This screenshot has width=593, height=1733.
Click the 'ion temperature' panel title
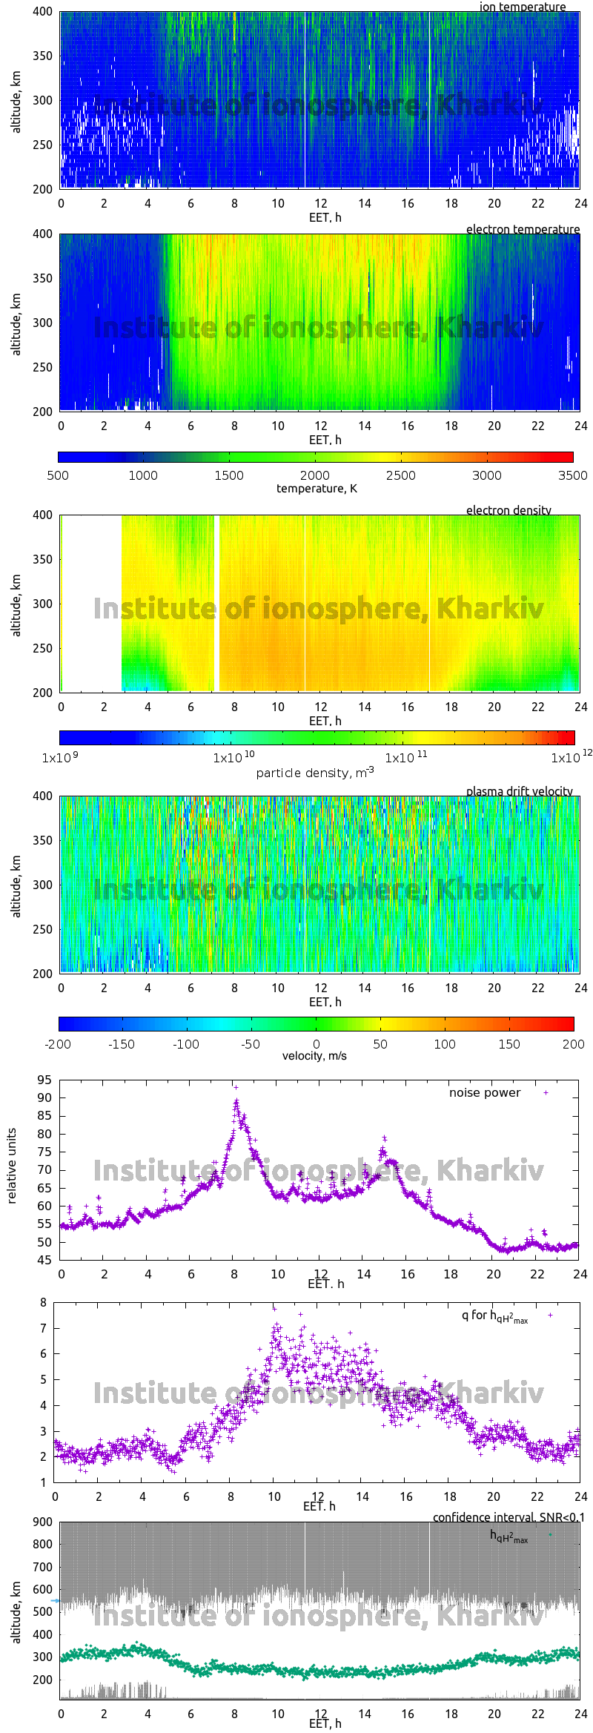point(522,7)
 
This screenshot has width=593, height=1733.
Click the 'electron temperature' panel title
point(523,229)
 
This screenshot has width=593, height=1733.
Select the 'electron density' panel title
point(508,510)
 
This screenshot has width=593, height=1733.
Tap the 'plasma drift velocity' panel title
point(519,791)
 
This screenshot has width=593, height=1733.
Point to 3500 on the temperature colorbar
point(572,475)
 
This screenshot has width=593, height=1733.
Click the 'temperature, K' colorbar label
point(317,489)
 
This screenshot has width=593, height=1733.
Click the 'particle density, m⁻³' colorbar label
point(315,773)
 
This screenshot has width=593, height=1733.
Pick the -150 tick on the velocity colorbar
point(122,1044)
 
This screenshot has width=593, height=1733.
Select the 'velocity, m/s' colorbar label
point(314,1056)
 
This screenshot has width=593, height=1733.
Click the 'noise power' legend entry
point(485,1093)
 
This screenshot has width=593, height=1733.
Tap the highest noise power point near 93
point(236,1087)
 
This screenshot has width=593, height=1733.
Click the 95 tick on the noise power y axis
point(44,1080)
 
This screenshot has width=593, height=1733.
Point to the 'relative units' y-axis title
point(12,1166)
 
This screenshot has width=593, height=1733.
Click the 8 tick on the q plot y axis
point(44,1302)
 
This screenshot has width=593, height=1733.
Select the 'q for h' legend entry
point(494,1316)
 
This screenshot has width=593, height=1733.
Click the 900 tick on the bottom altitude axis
point(43,1522)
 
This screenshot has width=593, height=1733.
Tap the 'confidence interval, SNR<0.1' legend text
point(508,1517)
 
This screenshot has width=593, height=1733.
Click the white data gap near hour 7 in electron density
point(216,603)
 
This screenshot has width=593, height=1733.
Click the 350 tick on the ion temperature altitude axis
point(43,56)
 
